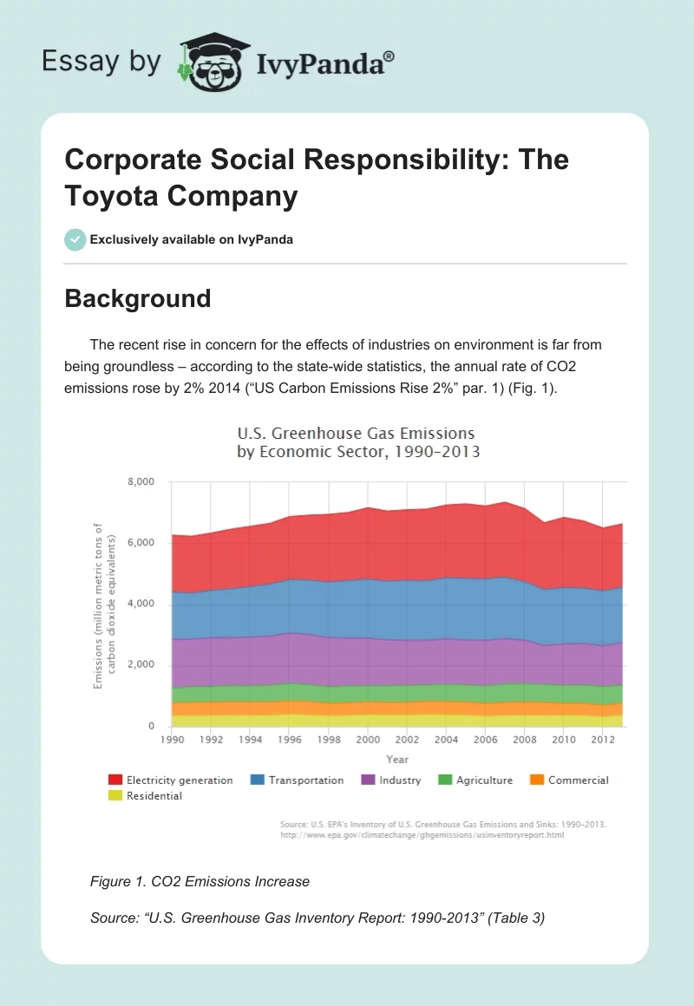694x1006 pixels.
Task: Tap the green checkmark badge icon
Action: (x=75, y=239)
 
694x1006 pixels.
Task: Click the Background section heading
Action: (x=138, y=298)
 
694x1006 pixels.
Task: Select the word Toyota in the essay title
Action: (x=113, y=196)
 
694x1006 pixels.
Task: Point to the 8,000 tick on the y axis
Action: (x=141, y=482)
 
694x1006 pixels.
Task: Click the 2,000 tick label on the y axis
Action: (x=141, y=665)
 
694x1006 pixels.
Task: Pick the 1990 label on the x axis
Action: (x=173, y=741)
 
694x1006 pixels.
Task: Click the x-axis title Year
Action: (x=398, y=760)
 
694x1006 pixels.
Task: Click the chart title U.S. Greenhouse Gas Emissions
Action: (x=357, y=433)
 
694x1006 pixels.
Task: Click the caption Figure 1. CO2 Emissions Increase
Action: (x=200, y=882)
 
